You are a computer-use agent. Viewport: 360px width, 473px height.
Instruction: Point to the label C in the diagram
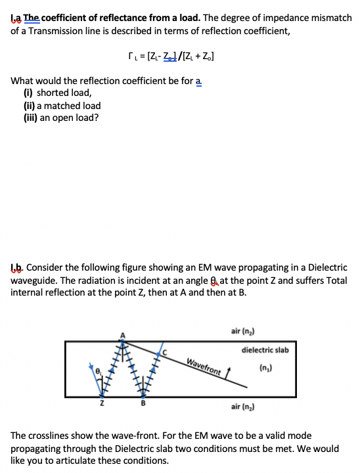pos(165,351)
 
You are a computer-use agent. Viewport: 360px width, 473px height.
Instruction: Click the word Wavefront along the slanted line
pos(203,367)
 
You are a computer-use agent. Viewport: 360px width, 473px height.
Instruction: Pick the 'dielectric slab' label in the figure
pos(265,350)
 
